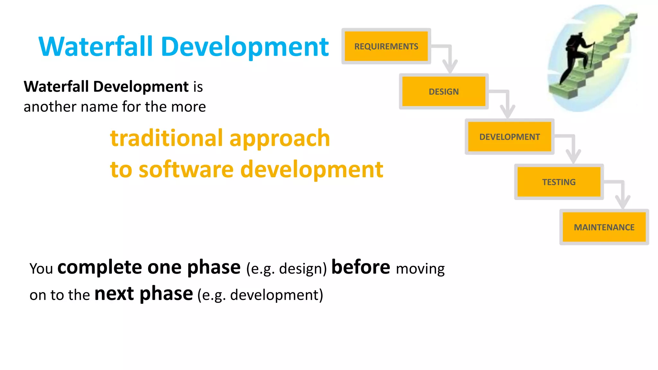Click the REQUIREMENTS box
[x=386, y=46]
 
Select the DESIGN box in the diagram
[x=443, y=92]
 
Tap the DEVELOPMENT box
[x=509, y=137]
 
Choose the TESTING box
[x=559, y=182]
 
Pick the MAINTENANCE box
[x=604, y=227]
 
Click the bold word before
[x=360, y=267]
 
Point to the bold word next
[x=114, y=294]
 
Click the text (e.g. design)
[x=286, y=269]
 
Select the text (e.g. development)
[x=260, y=295]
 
